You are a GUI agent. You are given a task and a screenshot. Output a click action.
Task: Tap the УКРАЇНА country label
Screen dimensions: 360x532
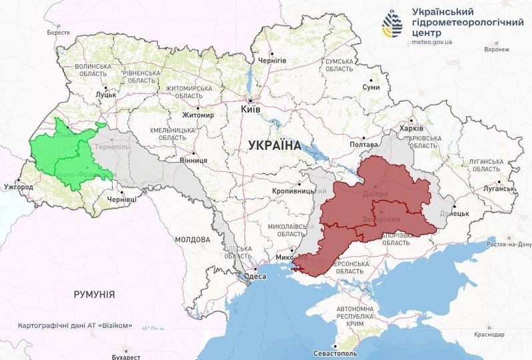[274, 145]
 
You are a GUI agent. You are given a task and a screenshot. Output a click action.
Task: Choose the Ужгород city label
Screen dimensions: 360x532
[18, 187]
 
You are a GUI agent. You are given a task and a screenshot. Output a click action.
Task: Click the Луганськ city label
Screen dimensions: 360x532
[496, 189]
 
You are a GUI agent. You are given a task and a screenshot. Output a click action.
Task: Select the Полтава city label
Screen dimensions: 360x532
[364, 145]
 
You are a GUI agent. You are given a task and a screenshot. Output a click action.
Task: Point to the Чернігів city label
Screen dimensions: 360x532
[272, 60]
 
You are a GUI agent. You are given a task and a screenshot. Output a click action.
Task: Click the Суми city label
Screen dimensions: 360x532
[370, 87]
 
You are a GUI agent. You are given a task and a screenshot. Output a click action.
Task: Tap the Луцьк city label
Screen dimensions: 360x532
[106, 95]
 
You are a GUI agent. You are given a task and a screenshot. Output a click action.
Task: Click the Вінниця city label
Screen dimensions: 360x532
[193, 161]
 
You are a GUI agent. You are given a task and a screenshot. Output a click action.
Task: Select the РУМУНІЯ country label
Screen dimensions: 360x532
[93, 294]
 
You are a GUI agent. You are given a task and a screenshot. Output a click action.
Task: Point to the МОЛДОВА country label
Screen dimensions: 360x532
[193, 239]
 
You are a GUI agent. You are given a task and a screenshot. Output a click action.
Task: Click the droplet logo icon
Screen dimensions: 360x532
[392, 24]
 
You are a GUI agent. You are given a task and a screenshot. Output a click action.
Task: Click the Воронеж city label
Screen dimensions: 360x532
[496, 49]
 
